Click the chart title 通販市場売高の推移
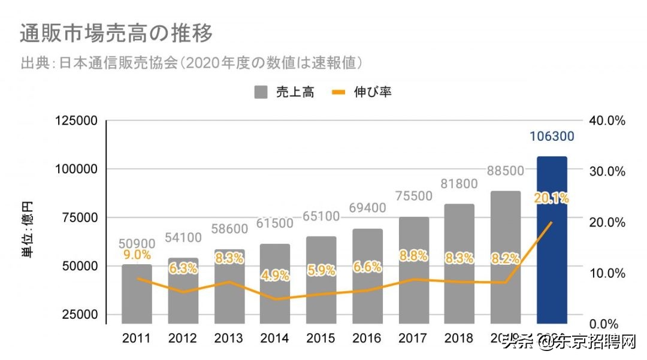tap(116, 34)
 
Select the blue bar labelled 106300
tap(551, 240)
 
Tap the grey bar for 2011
tap(137, 294)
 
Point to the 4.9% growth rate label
tap(276, 276)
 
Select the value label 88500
tap(505, 171)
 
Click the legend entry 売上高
tap(284, 92)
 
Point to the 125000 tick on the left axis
tap(76, 121)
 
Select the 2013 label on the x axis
tap(229, 338)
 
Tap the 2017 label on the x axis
tap(413, 338)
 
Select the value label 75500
tap(413, 197)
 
